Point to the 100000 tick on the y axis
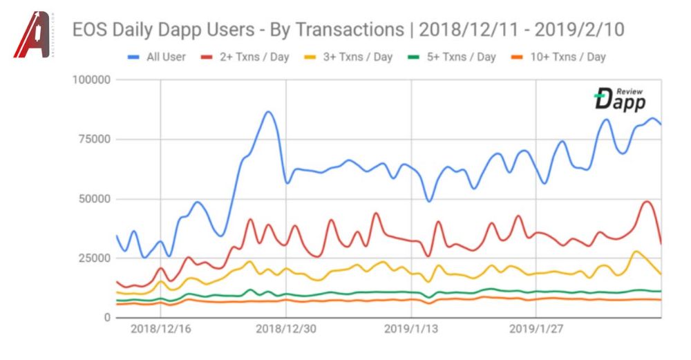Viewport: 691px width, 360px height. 92,80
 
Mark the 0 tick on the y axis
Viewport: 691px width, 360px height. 107,318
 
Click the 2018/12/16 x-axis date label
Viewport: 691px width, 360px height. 160,330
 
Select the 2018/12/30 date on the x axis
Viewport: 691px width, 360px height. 285,330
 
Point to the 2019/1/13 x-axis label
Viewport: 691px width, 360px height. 411,330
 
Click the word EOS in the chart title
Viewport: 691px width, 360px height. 92,30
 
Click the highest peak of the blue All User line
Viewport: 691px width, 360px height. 269,111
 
